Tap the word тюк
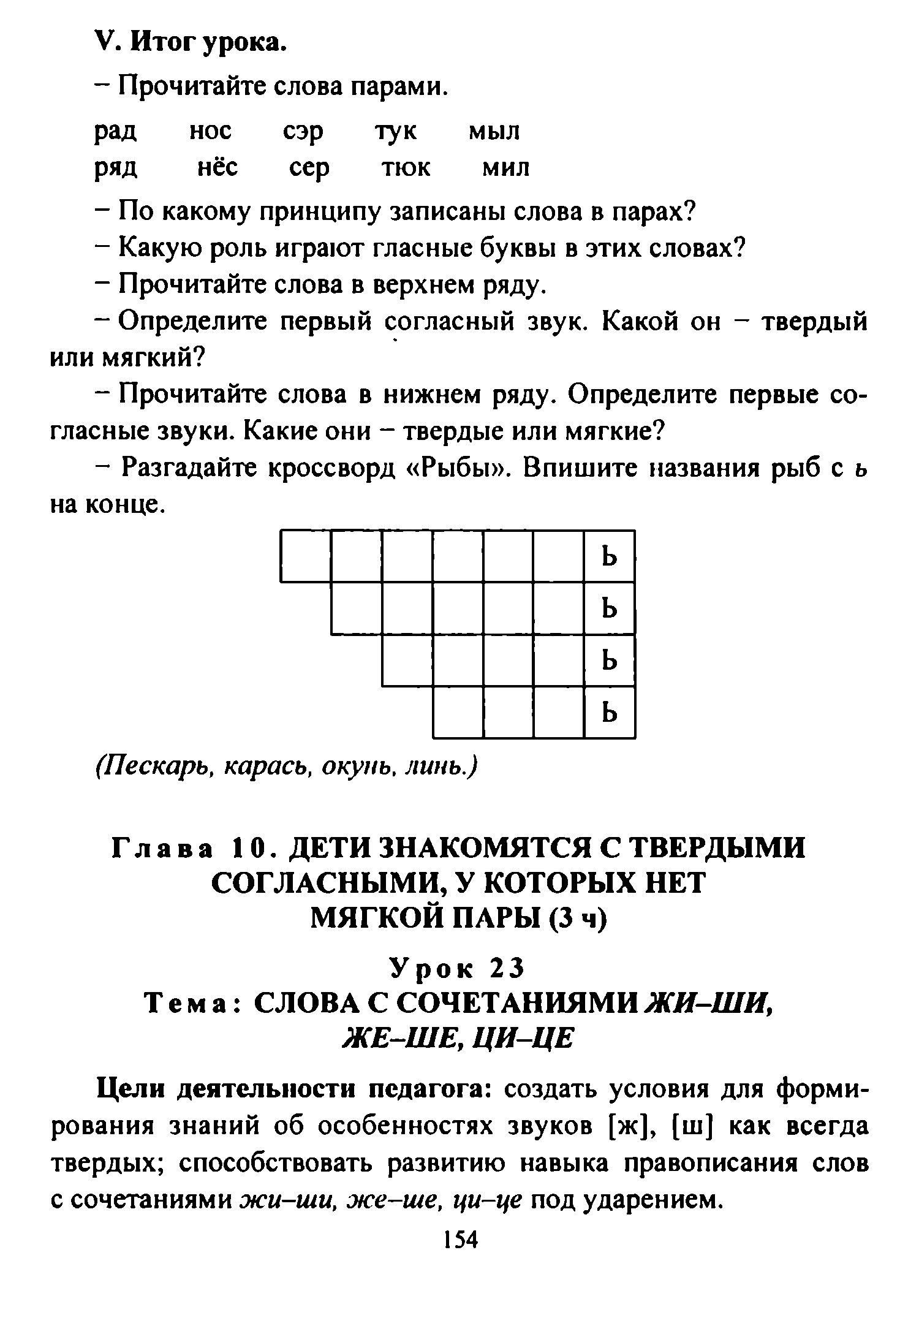tap(406, 167)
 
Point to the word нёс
tap(217, 167)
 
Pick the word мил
tap(505, 167)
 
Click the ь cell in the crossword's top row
tap(610, 556)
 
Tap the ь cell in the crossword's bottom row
tap(610, 712)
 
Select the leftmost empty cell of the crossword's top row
tap(306, 556)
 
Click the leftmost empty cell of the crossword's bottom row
tap(458, 712)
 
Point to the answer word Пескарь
tap(154, 767)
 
